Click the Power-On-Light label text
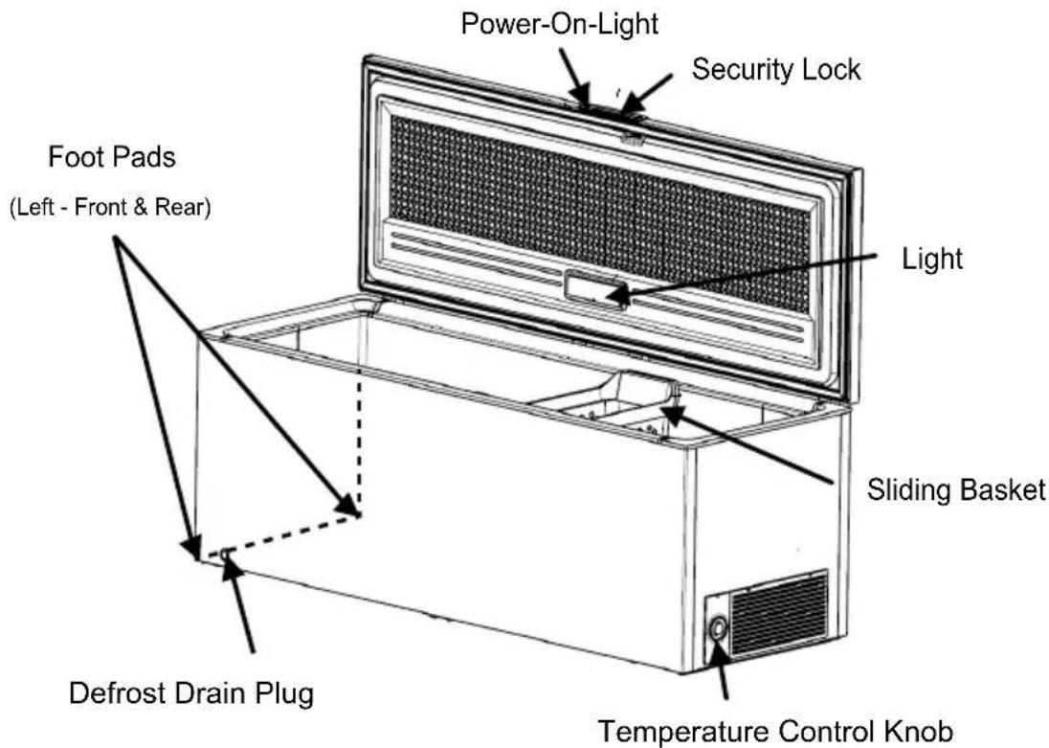click(x=559, y=24)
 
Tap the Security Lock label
click(x=776, y=70)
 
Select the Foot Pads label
click(x=112, y=157)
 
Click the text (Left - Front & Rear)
click(x=110, y=207)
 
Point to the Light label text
click(x=932, y=259)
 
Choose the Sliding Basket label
click(x=955, y=489)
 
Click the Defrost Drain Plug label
click(x=191, y=693)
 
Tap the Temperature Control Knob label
click(x=774, y=732)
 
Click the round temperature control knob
click(x=718, y=628)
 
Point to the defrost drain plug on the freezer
click(x=225, y=554)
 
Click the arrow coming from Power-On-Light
click(x=574, y=77)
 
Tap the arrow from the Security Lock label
click(x=646, y=95)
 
